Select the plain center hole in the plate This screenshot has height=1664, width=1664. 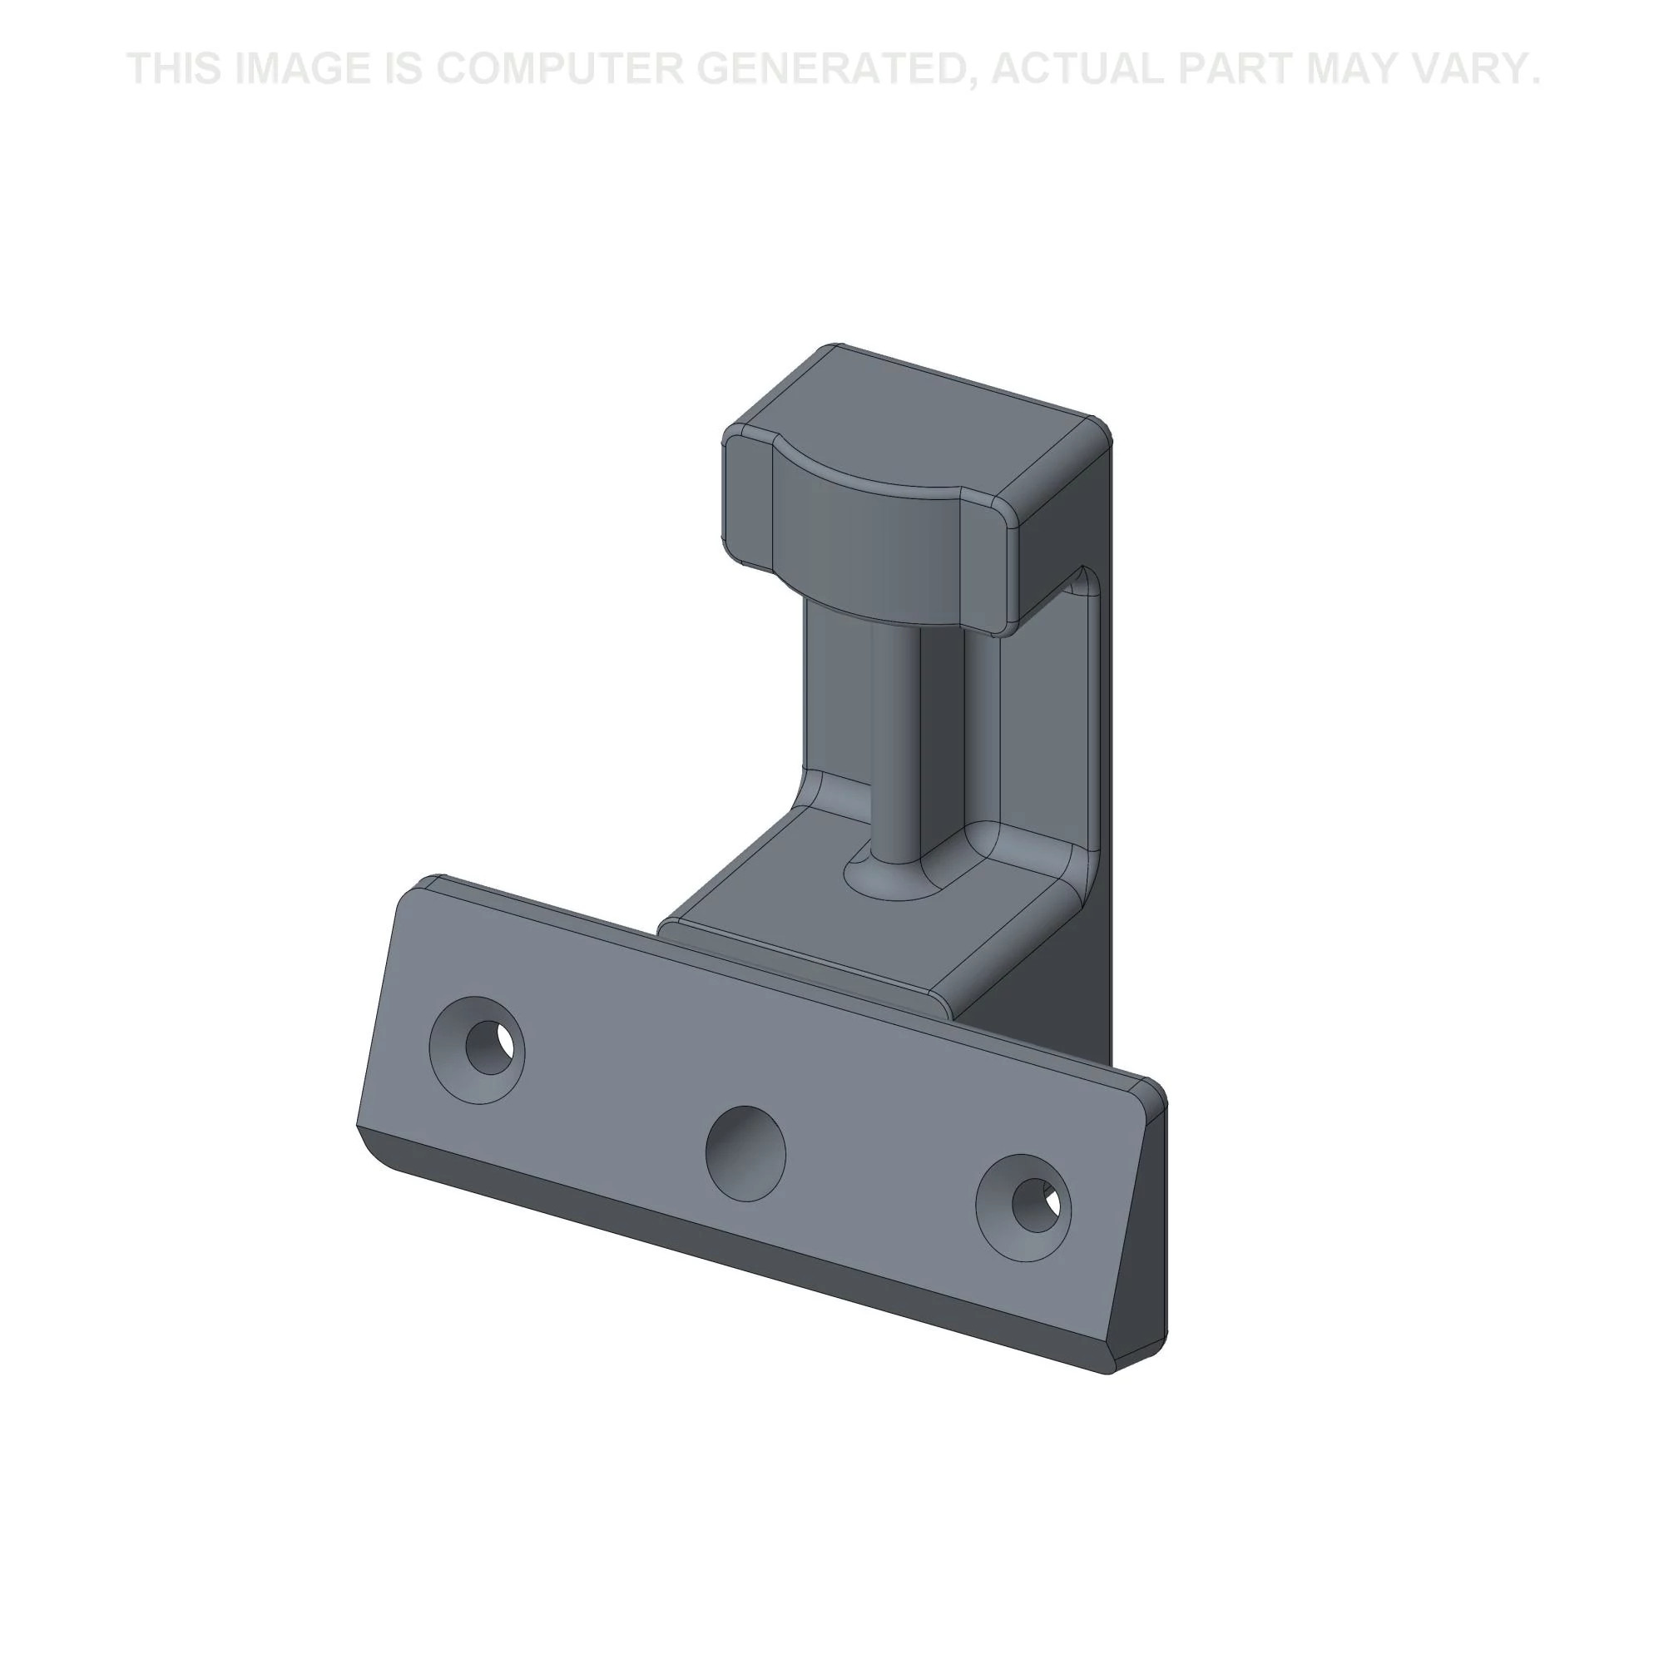coord(745,1154)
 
